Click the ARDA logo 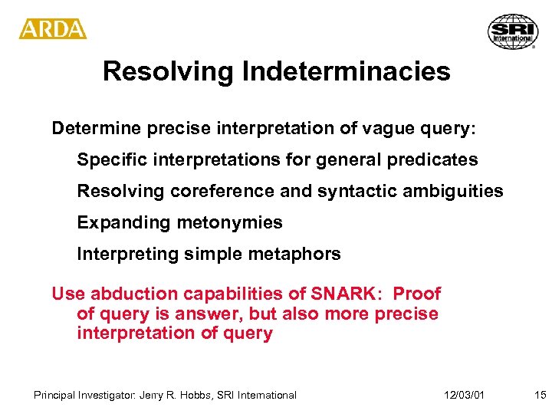(53, 29)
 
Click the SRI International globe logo (512, 31)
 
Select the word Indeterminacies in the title (346, 72)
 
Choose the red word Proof (419, 294)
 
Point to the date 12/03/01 (465, 395)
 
